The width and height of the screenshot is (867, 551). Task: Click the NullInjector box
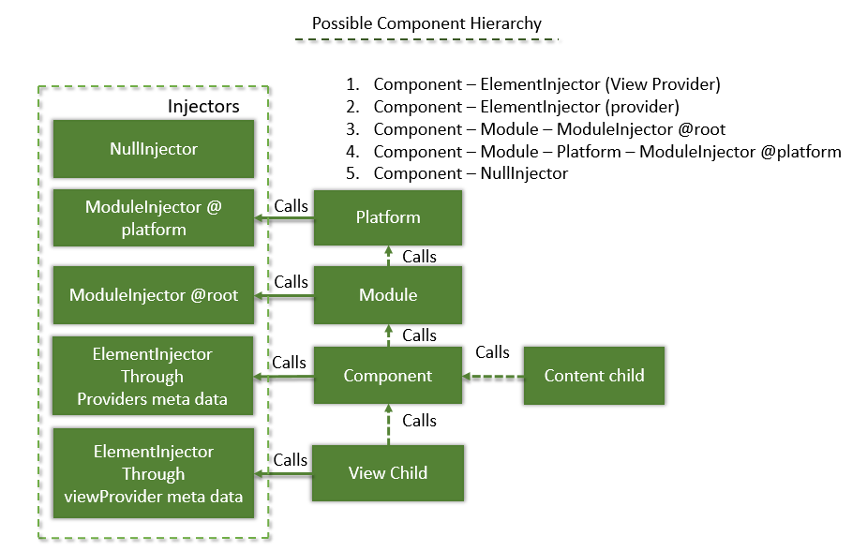coord(154,148)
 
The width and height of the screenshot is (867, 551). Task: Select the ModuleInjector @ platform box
coord(154,217)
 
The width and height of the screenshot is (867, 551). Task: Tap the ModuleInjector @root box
coord(154,295)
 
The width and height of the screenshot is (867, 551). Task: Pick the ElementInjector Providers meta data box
coord(154,377)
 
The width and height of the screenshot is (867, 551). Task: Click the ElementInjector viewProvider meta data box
coord(154,473)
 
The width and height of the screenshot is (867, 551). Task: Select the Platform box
coord(388,217)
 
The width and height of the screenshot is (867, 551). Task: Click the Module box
coord(388,295)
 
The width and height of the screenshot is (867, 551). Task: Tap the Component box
coord(388,377)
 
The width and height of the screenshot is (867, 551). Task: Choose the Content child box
coord(594,376)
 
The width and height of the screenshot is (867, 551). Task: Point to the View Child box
coord(388,473)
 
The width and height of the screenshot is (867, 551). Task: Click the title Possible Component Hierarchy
coord(426,23)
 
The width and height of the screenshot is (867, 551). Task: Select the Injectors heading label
coord(203,106)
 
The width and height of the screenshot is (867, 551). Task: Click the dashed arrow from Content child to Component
coord(493,377)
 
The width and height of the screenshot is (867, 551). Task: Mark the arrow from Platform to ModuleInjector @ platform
coord(284,218)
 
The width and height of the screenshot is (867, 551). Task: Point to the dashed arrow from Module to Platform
coord(388,255)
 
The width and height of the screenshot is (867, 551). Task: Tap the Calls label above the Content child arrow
coord(492,352)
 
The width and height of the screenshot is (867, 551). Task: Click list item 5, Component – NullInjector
coord(471,173)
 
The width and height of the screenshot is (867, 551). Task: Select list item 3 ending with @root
coord(549,129)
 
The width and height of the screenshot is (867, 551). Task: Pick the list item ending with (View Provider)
coord(546,84)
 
